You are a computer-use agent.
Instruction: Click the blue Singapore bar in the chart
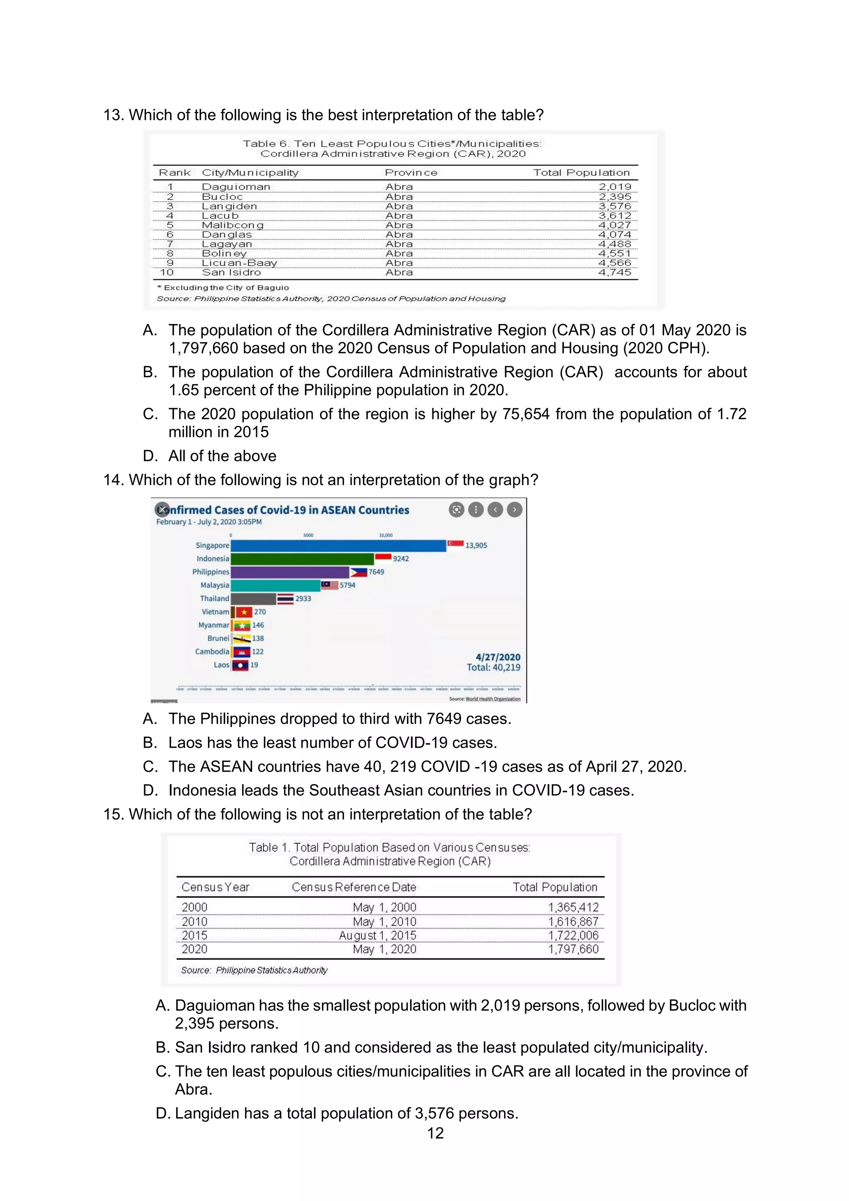[338, 545]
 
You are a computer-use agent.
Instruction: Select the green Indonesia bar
[302, 559]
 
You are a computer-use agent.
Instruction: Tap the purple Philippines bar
[290, 572]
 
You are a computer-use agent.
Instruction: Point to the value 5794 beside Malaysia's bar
[347, 585]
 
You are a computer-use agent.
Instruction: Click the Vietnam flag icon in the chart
[244, 612]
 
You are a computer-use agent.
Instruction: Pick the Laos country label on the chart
[221, 665]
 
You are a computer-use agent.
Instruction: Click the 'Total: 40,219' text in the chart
[493, 668]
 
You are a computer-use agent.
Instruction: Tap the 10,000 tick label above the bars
[386, 535]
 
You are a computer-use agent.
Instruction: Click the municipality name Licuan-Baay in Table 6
[240, 263]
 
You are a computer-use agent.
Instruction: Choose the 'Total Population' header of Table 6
[581, 173]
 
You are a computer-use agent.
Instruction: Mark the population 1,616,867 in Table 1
[573, 922]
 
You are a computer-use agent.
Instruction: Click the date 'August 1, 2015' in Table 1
[377, 935]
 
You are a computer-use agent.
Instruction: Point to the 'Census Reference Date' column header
[354, 887]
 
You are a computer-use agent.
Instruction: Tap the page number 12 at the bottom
[435, 1133]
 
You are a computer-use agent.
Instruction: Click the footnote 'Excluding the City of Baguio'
[226, 288]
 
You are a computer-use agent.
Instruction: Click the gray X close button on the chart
[162, 509]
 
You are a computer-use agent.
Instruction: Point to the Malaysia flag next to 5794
[330, 585]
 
